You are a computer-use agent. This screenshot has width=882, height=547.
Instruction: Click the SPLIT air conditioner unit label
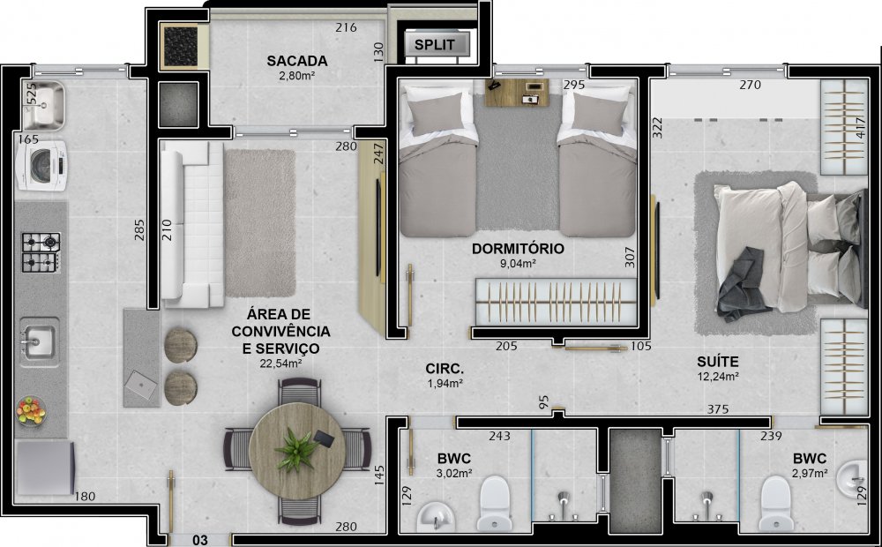pos(434,44)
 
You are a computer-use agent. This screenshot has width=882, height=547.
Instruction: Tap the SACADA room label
pos(297,61)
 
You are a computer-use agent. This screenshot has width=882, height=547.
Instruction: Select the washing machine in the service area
pos(41,166)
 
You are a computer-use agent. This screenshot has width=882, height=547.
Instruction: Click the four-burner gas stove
pos(41,252)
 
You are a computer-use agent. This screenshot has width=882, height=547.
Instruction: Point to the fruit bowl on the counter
pos(31,410)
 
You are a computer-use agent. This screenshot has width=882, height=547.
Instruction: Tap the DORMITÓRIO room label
pos(518,249)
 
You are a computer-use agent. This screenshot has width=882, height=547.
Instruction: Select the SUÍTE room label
pos(718,362)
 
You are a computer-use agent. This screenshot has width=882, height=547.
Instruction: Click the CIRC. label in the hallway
pos(445,369)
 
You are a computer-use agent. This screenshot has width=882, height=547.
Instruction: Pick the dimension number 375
pos(718,409)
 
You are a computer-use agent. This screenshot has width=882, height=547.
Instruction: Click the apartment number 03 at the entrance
pos(200,540)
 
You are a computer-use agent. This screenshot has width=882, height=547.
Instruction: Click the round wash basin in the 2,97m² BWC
pos(852,478)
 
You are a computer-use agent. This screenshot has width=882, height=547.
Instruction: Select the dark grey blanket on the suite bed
pos(743,285)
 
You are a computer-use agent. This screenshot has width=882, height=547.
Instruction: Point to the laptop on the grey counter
pos(140,385)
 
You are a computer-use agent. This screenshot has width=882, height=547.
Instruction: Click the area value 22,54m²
pos(280,363)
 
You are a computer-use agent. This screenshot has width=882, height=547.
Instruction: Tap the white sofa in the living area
pos(192,224)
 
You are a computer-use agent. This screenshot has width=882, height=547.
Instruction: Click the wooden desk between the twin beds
pos(516,93)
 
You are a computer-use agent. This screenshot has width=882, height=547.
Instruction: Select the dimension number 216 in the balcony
pos(346,27)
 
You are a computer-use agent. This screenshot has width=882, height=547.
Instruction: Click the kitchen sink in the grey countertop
pos(39,341)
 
